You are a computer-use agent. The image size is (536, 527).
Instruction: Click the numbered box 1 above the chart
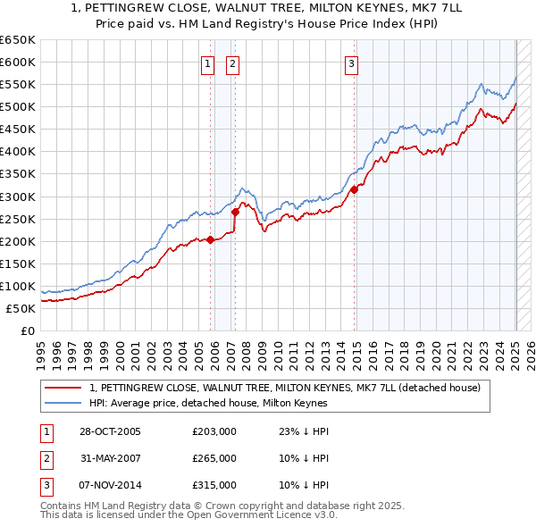click(207, 63)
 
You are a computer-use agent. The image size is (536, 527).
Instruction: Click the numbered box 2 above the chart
click(232, 63)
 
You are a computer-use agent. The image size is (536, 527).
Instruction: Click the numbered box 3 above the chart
click(351, 63)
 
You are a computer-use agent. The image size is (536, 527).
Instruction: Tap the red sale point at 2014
click(355, 189)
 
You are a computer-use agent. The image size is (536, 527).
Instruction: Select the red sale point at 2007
click(235, 212)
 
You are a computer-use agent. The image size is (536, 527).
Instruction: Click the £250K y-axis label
click(20, 219)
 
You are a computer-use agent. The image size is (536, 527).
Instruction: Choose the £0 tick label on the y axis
click(28, 330)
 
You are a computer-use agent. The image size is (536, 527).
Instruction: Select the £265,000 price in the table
click(214, 458)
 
